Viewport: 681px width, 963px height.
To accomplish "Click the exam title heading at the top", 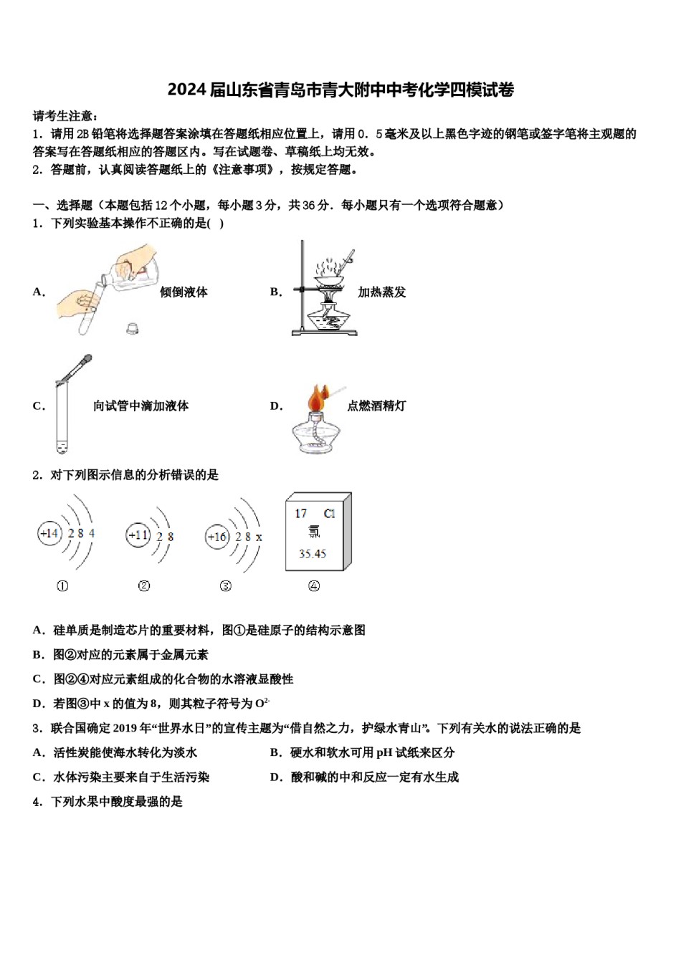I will (x=340, y=90).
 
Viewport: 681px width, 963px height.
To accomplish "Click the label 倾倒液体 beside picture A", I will (x=184, y=292).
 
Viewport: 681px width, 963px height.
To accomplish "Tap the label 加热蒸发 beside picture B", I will (x=382, y=292).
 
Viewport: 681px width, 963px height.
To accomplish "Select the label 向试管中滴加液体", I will (x=141, y=406).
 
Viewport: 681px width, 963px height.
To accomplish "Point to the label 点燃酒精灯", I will (x=376, y=406).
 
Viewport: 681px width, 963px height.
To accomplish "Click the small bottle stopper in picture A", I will (x=132, y=329).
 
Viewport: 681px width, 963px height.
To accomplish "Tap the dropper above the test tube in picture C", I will (x=75, y=368).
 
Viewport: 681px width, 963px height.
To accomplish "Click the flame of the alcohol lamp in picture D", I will (x=318, y=398).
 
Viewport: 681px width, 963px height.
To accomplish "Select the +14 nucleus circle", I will (x=49, y=533).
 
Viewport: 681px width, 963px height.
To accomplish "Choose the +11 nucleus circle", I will (x=138, y=535).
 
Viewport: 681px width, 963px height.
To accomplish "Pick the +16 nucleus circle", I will (x=217, y=537).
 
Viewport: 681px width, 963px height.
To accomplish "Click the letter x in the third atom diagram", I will (x=259, y=537).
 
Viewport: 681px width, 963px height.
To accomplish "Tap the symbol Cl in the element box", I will (x=329, y=514).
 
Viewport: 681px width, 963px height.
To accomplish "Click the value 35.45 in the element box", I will (x=313, y=554).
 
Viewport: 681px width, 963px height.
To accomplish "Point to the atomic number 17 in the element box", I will (x=300, y=514).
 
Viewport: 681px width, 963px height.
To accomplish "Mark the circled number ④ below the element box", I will (x=314, y=586).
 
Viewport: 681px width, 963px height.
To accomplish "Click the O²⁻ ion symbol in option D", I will (x=262, y=703).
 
